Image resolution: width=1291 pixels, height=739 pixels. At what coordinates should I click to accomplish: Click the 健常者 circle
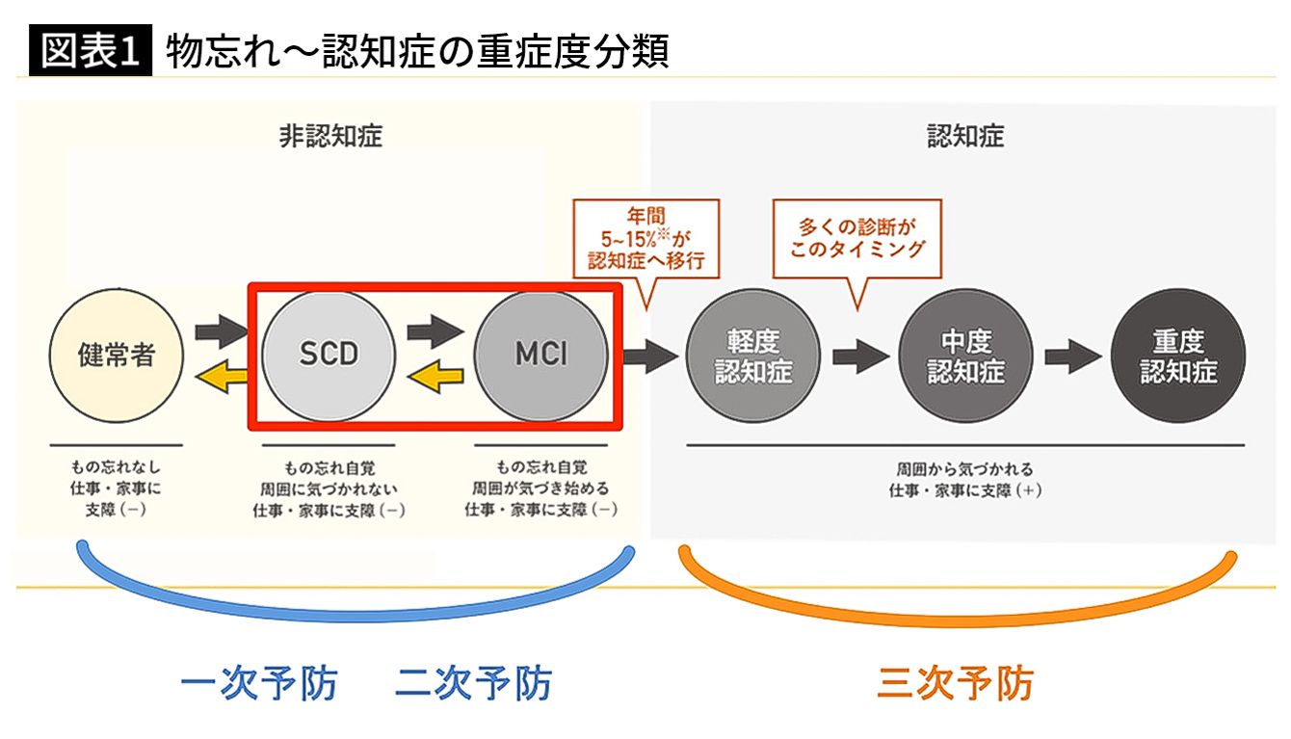pyautogui.click(x=117, y=356)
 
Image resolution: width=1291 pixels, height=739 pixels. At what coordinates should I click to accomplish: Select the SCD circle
pyautogui.click(x=329, y=355)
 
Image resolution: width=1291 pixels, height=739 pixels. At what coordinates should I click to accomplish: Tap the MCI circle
pyautogui.click(x=540, y=355)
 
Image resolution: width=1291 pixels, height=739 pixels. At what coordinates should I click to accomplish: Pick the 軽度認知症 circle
pyautogui.click(x=753, y=356)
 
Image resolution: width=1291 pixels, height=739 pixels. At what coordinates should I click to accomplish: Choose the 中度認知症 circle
pyautogui.click(x=965, y=356)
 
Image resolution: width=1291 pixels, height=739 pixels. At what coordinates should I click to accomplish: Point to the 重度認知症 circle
pyautogui.click(x=1178, y=356)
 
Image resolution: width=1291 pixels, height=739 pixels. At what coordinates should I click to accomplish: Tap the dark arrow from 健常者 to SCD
pyautogui.click(x=222, y=332)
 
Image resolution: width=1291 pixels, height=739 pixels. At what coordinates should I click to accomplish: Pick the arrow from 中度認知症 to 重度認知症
pyautogui.click(x=1072, y=356)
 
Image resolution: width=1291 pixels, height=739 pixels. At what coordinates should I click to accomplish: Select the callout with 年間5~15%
pyautogui.click(x=646, y=236)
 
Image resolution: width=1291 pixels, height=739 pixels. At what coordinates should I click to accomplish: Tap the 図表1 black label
pyautogui.click(x=92, y=52)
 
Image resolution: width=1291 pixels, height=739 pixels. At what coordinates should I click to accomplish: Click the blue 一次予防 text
pyautogui.click(x=259, y=684)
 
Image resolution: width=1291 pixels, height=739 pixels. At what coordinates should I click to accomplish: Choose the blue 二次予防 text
pyautogui.click(x=473, y=684)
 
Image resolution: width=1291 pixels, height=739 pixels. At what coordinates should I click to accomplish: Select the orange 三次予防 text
pyautogui.click(x=955, y=684)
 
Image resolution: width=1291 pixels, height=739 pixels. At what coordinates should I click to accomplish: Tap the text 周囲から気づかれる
pyautogui.click(x=964, y=469)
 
